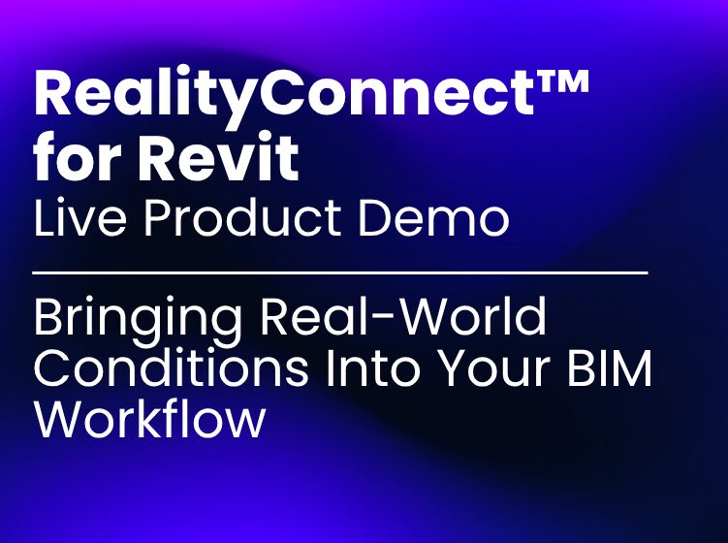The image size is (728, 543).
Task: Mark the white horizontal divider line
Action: tap(340, 274)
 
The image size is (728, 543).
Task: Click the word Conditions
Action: tap(155, 370)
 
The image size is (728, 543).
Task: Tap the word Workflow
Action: tap(149, 419)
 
